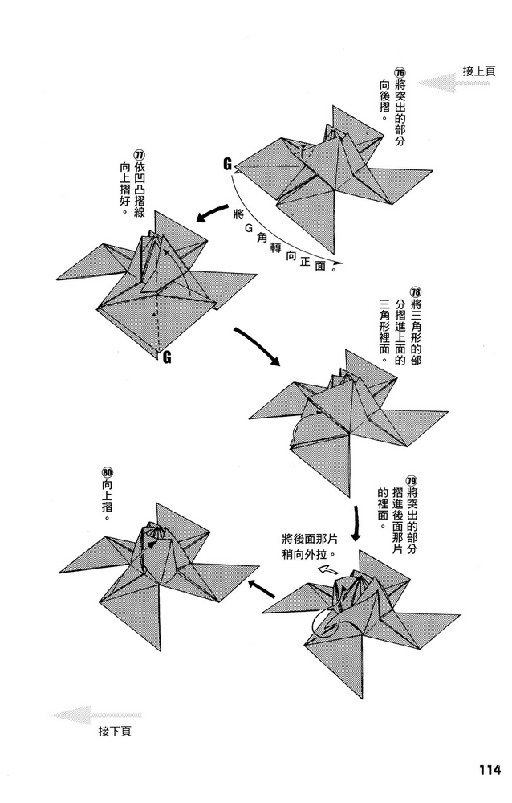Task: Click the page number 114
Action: coord(484,769)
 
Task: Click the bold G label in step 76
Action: coord(228,165)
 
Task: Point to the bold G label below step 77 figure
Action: coord(167,357)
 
